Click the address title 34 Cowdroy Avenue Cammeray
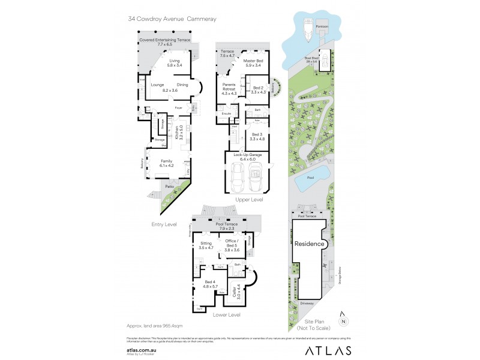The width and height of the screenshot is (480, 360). tap(172, 19)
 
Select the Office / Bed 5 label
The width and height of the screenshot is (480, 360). tap(231, 245)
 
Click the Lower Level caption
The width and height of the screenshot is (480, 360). tap(226, 314)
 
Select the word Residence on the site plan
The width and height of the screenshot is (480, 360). tap(309, 244)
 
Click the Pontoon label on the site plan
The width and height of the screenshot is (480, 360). tap(322, 27)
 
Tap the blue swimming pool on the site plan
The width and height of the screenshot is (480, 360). tap(319, 174)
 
